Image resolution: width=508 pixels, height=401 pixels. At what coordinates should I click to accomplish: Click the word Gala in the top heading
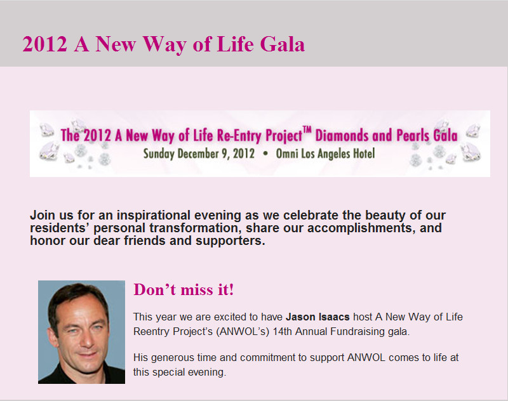(282, 44)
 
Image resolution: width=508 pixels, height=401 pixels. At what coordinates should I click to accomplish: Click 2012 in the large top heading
(44, 44)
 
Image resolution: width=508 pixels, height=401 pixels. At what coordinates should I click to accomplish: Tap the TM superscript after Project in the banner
(307, 131)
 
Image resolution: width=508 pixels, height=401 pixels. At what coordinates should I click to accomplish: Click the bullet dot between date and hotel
(265, 154)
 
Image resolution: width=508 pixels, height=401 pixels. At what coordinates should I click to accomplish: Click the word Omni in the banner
(287, 154)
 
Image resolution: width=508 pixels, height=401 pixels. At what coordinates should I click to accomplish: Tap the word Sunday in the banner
(159, 154)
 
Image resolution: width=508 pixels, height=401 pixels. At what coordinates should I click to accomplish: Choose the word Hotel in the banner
(364, 154)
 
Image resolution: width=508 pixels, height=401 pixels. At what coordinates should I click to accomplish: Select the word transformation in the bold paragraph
(196, 228)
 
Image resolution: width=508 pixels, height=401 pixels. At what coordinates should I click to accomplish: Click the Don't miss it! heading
(184, 289)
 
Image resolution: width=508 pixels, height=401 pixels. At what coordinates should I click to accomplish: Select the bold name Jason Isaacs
(317, 317)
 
